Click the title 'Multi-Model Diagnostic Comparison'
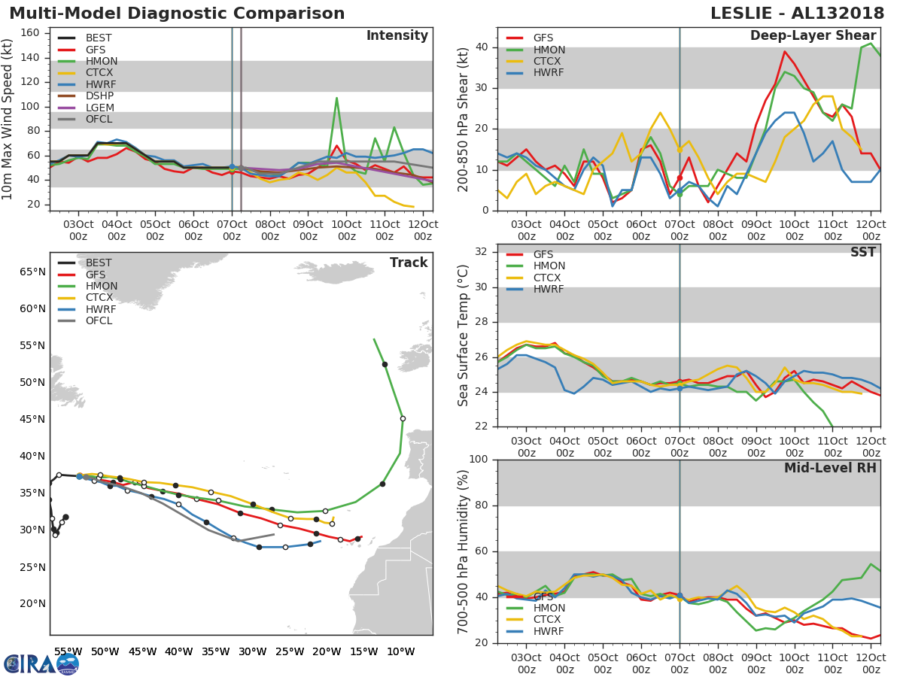point(177,14)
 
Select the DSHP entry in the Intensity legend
point(99,96)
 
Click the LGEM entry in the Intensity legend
point(99,108)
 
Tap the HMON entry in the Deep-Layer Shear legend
point(549,50)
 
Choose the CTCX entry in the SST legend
point(549,278)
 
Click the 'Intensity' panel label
point(397,36)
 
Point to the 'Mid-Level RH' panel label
point(830,468)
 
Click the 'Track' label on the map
point(408,263)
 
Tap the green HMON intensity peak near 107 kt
point(336,97)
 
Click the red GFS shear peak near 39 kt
point(784,51)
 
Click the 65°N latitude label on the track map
point(32,271)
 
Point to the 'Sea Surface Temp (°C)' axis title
point(464,335)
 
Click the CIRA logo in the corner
point(41,663)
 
